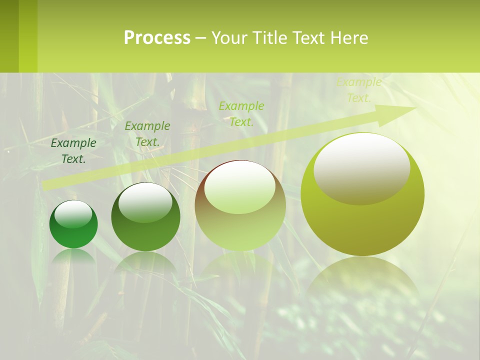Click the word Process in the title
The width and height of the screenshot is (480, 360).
coord(157,37)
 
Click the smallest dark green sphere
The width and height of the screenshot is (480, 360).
coord(73,230)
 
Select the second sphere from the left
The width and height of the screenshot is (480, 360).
coord(145,220)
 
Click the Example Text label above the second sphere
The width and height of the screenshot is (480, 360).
coord(147,134)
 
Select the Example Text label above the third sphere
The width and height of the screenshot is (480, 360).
coord(241,113)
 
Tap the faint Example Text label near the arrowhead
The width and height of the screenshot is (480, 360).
coord(359,90)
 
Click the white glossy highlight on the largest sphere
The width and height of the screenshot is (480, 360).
coord(362,167)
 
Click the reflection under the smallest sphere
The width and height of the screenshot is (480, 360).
coord(73,257)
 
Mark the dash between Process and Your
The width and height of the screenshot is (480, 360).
coord(201,38)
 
